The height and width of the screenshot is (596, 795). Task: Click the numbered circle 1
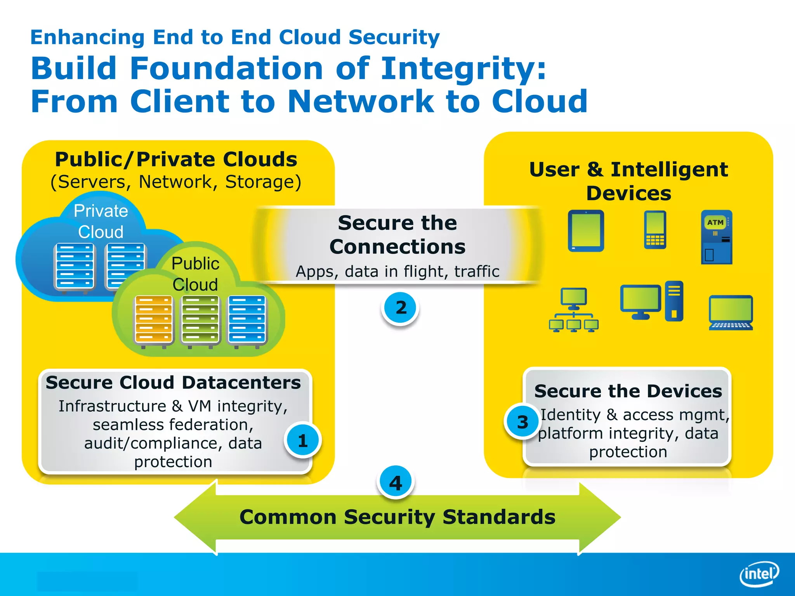[x=302, y=440]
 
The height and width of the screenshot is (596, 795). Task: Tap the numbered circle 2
[x=400, y=308]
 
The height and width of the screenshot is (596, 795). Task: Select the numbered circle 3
[x=522, y=422]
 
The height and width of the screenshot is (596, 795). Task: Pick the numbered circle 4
[x=395, y=483]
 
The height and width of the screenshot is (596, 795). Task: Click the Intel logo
[x=759, y=573]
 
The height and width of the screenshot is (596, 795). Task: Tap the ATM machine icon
[x=717, y=237]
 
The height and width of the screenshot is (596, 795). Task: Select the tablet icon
[x=586, y=231]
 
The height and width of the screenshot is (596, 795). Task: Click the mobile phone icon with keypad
[x=655, y=230]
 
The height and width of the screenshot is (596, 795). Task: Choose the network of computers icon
[x=574, y=310]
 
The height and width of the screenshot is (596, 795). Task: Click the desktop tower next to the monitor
[x=674, y=301]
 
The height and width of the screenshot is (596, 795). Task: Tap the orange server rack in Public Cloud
[x=154, y=321]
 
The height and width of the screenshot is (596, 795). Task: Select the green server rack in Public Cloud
[x=200, y=321]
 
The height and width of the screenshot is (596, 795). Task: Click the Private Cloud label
[x=101, y=221]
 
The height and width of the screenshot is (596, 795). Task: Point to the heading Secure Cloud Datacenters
[x=173, y=383]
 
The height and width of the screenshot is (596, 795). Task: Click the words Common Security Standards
[x=397, y=517]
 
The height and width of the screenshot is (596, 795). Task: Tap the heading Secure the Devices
[x=628, y=391]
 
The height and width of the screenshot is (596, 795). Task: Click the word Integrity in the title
[x=463, y=68]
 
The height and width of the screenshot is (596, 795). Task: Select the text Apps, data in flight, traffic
[x=397, y=272]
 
